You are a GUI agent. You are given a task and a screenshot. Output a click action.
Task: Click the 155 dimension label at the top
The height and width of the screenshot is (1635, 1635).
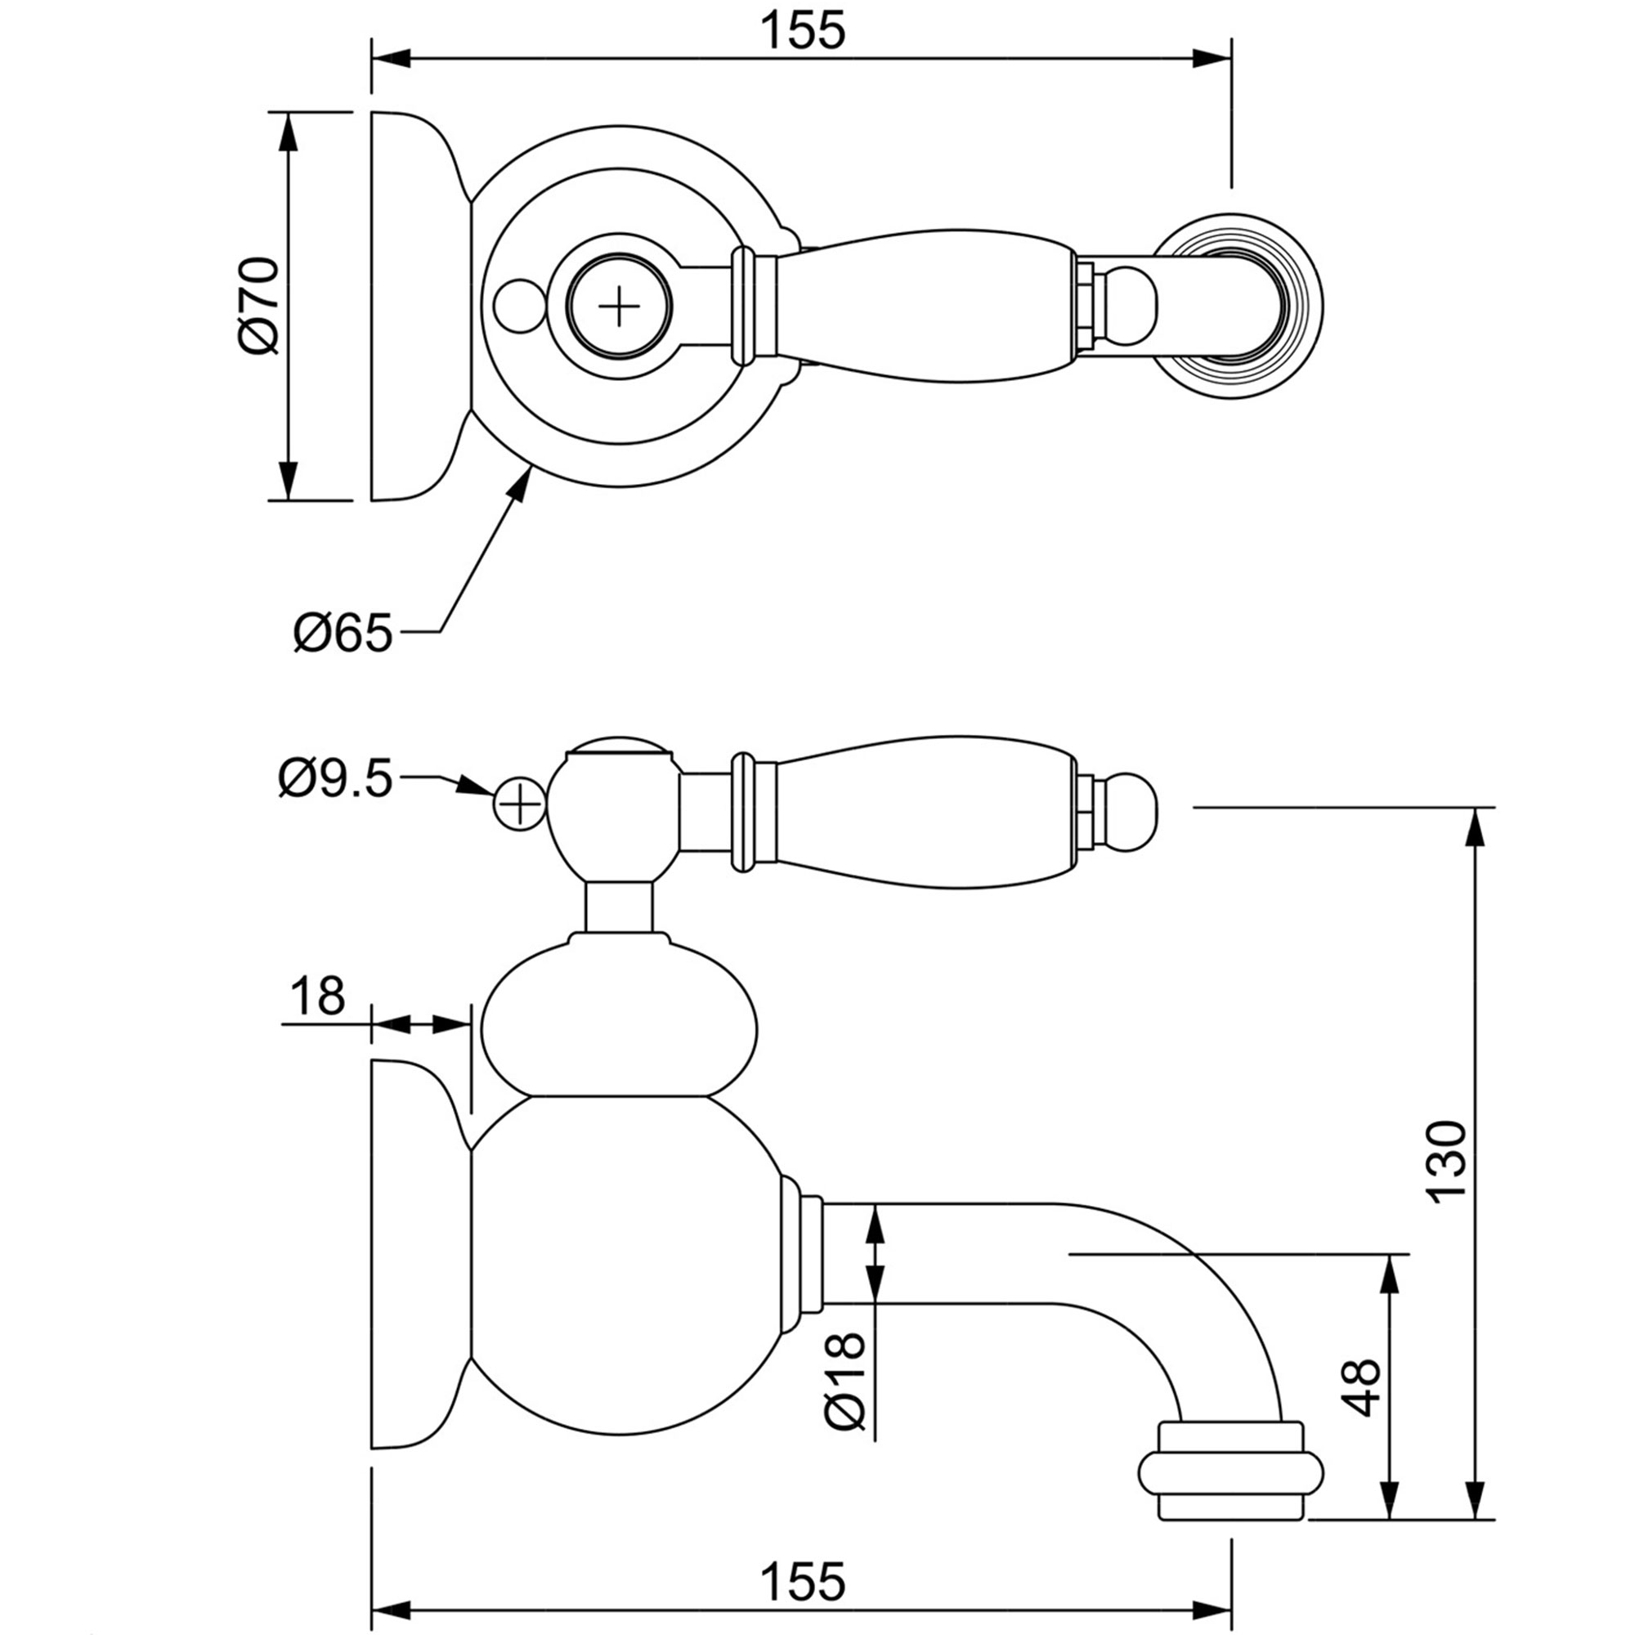(x=802, y=31)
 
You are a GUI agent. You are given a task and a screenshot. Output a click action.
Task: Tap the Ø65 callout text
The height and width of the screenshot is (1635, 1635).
(x=343, y=633)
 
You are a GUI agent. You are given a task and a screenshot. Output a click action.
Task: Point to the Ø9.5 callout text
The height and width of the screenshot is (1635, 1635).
(x=336, y=778)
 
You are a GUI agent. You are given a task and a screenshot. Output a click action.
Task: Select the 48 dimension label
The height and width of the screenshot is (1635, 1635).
(x=1362, y=1388)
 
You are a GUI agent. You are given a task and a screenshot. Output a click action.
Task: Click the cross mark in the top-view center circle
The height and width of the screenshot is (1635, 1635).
(x=619, y=306)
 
